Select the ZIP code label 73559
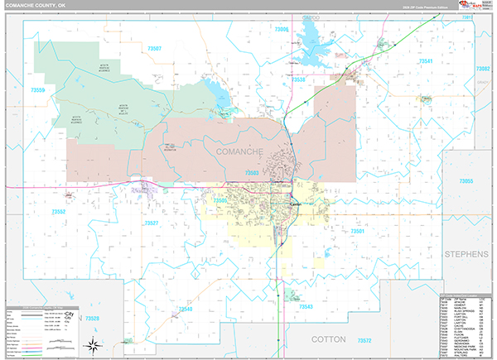point(38,89)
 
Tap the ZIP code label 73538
point(299,80)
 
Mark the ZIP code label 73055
point(466,181)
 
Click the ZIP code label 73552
point(59,212)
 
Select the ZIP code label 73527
point(152,223)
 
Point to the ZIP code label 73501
point(358,232)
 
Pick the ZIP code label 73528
point(91,318)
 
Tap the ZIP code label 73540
point(185,309)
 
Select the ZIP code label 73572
point(364,341)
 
